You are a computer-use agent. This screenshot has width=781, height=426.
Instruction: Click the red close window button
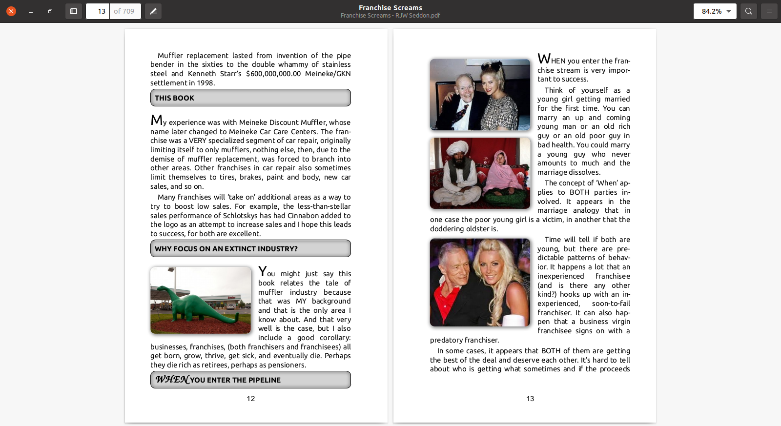(x=11, y=11)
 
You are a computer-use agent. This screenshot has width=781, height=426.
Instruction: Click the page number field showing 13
(x=98, y=11)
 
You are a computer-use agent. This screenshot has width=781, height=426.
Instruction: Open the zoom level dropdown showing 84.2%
(x=715, y=11)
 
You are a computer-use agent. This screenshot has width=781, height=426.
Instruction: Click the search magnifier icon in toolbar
(x=749, y=11)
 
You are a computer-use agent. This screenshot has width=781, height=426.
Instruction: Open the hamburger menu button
(x=769, y=11)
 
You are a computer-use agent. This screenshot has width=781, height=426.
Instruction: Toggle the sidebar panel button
(x=74, y=11)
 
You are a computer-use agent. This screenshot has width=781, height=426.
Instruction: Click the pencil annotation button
(x=153, y=11)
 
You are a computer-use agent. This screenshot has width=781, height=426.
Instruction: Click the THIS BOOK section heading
(x=174, y=98)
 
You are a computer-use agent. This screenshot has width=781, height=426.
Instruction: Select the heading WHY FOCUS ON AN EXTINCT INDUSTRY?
(x=226, y=249)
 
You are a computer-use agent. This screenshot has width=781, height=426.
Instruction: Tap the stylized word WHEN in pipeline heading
(x=172, y=380)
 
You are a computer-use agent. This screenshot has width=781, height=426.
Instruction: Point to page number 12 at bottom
(x=251, y=399)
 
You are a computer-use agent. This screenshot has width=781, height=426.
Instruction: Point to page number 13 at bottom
(x=530, y=399)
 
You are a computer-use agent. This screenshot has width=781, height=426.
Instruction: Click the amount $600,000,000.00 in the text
(x=273, y=74)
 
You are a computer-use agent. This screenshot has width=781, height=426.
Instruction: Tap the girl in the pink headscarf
(x=501, y=171)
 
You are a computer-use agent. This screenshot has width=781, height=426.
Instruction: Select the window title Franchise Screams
(x=390, y=8)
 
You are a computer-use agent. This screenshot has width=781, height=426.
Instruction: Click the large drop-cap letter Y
(x=262, y=271)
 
